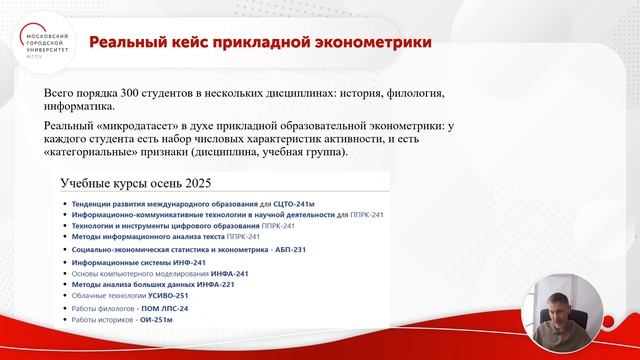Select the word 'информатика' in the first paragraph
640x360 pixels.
(x=86, y=107)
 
